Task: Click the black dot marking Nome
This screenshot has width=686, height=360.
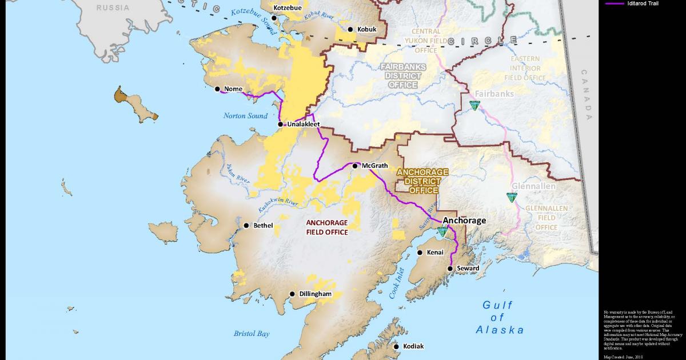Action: point(217,89)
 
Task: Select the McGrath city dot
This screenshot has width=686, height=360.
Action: point(355,166)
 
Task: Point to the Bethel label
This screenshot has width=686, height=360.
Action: point(263,226)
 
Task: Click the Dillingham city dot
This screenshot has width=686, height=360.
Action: point(292,294)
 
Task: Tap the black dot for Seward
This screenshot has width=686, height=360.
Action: point(450,268)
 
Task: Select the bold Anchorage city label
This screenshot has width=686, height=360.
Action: point(465,221)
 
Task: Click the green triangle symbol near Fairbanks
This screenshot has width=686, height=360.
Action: point(473,105)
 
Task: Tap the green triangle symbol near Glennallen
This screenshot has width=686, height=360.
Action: point(511,197)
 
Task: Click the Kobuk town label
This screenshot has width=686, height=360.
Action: point(367,29)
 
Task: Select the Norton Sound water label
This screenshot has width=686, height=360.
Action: point(245,116)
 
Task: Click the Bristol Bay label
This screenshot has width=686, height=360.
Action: point(252,334)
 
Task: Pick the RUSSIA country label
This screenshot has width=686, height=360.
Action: point(113,7)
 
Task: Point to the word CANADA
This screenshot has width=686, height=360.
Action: point(586,94)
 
